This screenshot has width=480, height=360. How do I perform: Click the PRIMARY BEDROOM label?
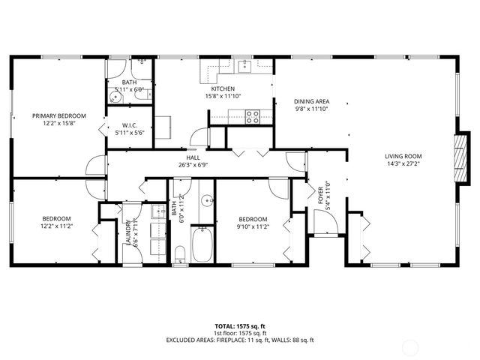coord(58,115)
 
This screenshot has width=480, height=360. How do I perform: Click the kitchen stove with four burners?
coord(253,116)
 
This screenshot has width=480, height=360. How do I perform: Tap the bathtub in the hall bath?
coord(202,244)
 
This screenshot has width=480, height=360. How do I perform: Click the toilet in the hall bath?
coord(180,252)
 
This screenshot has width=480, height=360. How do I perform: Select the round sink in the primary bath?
coord(118,95)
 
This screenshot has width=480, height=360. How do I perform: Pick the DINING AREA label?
coord(311,100)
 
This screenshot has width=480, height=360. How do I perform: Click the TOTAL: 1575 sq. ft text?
coord(240,326)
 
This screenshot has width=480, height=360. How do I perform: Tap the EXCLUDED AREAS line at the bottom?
coord(240,340)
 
